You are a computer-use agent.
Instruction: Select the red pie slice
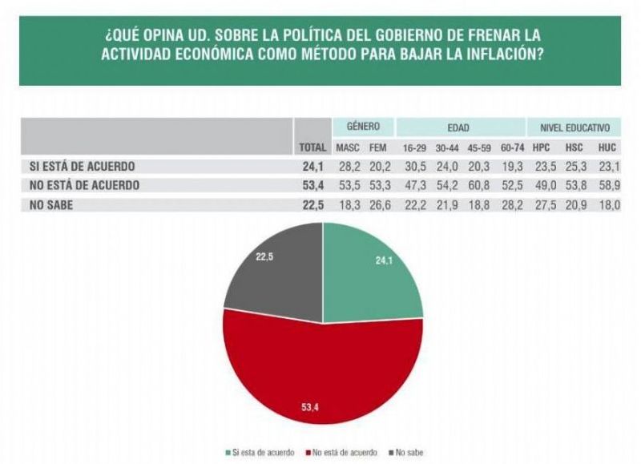320,369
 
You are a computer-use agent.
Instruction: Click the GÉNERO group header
363,127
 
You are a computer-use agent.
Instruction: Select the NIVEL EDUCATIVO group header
574,127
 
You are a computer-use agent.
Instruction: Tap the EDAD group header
458,127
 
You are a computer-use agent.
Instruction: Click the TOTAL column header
312,148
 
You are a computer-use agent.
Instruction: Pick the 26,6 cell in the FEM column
377,204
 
